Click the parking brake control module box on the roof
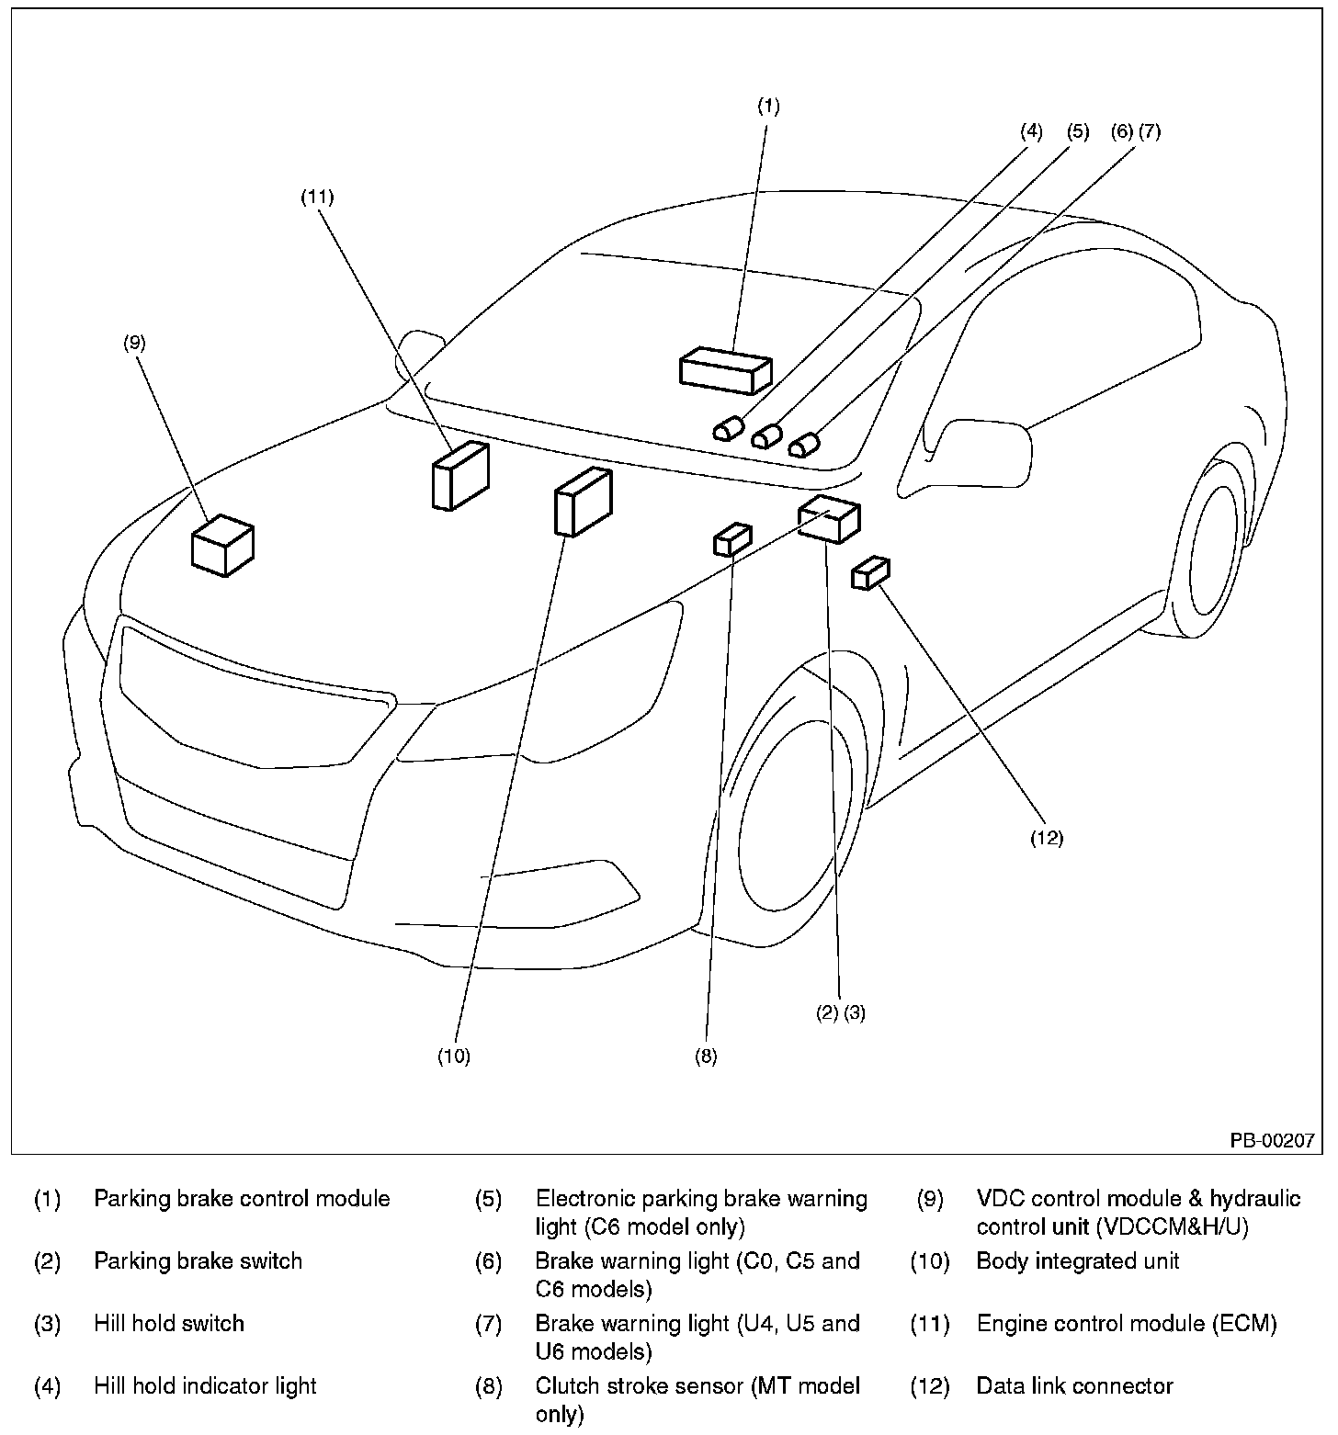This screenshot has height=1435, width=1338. (724, 371)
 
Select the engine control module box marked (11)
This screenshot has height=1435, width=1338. (459, 475)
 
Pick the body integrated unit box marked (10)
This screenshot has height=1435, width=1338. (582, 502)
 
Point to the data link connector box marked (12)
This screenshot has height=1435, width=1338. (869, 572)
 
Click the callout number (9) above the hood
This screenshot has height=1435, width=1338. (134, 343)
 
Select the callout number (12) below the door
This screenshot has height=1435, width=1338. (1046, 838)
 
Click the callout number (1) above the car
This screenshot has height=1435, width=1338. (768, 106)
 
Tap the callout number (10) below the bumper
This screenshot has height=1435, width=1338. (453, 1056)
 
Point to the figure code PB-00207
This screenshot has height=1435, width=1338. (1273, 1140)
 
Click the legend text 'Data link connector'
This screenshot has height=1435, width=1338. (1074, 1385)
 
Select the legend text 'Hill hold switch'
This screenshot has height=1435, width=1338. (169, 1323)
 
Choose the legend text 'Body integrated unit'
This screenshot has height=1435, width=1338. (1078, 1260)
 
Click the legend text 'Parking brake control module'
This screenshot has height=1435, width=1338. (242, 1198)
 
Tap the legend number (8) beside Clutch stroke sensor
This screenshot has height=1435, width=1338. (488, 1385)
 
